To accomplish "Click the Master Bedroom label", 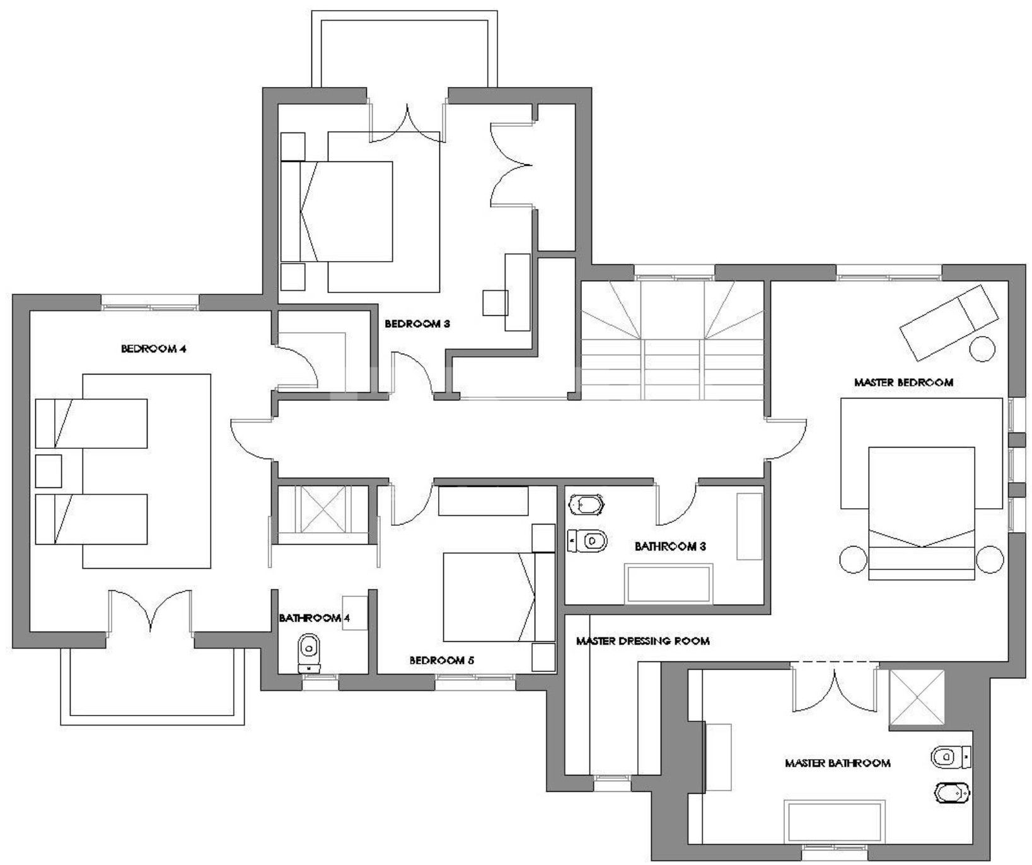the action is click(903, 382).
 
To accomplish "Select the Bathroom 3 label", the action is click(670, 546).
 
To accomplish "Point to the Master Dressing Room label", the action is click(643, 641).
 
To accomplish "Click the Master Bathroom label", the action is click(838, 763).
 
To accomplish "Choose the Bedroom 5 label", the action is click(442, 661).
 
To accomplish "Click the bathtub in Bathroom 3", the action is click(670, 584).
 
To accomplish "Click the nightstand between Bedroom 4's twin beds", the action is click(49, 471).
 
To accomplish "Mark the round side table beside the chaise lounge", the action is click(982, 349).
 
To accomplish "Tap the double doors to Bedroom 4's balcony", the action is click(150, 610).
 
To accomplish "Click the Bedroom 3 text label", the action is click(417, 324).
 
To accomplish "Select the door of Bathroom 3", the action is click(676, 504).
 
